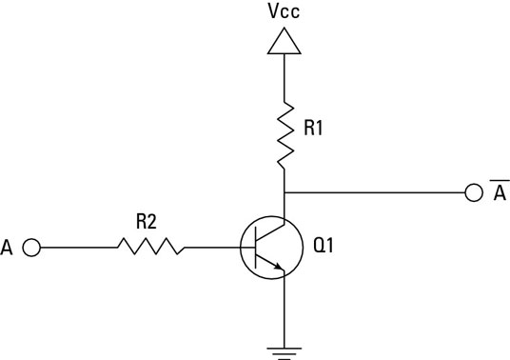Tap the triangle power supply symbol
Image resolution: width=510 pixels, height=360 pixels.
pyautogui.click(x=284, y=40)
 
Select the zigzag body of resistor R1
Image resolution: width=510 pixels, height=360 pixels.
pyautogui.click(x=284, y=133)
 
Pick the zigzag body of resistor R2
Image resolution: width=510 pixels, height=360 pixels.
pyautogui.click(x=149, y=248)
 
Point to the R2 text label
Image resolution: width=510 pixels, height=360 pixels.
pyautogui.click(x=147, y=223)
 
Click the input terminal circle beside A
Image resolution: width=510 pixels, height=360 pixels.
pyautogui.click(x=30, y=248)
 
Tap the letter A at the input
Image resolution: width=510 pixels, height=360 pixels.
pyautogui.click(x=10, y=248)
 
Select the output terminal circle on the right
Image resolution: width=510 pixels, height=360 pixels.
pyautogui.click(x=473, y=192)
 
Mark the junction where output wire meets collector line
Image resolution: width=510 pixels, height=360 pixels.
pyautogui.click(x=284, y=192)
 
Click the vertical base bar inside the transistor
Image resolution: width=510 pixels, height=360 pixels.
pyautogui.click(x=260, y=248)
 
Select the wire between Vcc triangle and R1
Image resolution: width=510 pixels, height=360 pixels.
pyautogui.click(x=284, y=76)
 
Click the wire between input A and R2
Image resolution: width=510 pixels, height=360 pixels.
pyautogui.click(x=76, y=248)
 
